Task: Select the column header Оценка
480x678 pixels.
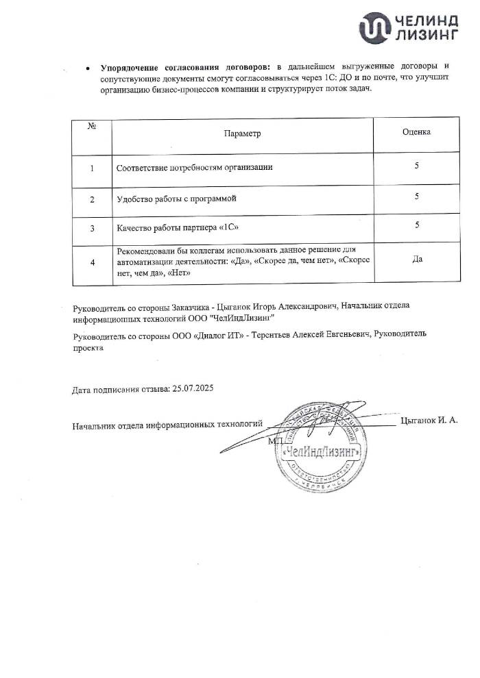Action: point(416,131)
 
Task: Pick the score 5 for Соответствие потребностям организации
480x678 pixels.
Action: point(417,166)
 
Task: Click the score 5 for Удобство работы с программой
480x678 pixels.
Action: point(417,197)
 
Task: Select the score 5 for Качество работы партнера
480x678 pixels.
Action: point(417,225)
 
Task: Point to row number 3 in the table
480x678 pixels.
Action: point(92,228)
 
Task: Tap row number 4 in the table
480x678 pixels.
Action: point(92,261)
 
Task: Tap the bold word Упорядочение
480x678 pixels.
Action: point(133,68)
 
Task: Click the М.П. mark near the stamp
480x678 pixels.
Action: point(276,441)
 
